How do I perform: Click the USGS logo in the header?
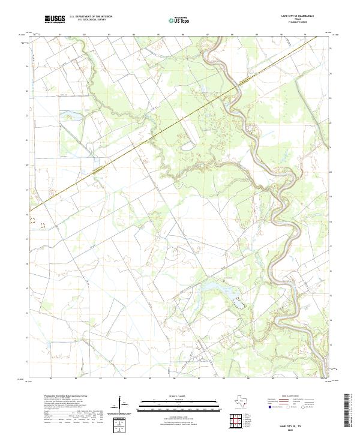click(x=55, y=19)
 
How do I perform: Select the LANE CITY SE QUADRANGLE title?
click(x=307, y=16)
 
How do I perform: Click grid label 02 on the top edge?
click(x=84, y=35)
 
